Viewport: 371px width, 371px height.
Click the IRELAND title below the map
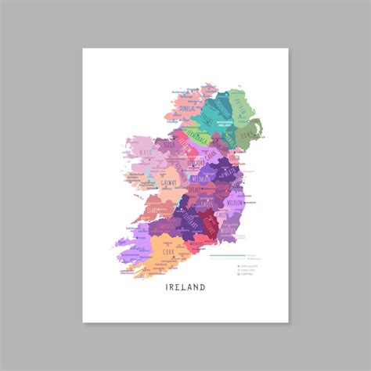[185, 287]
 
